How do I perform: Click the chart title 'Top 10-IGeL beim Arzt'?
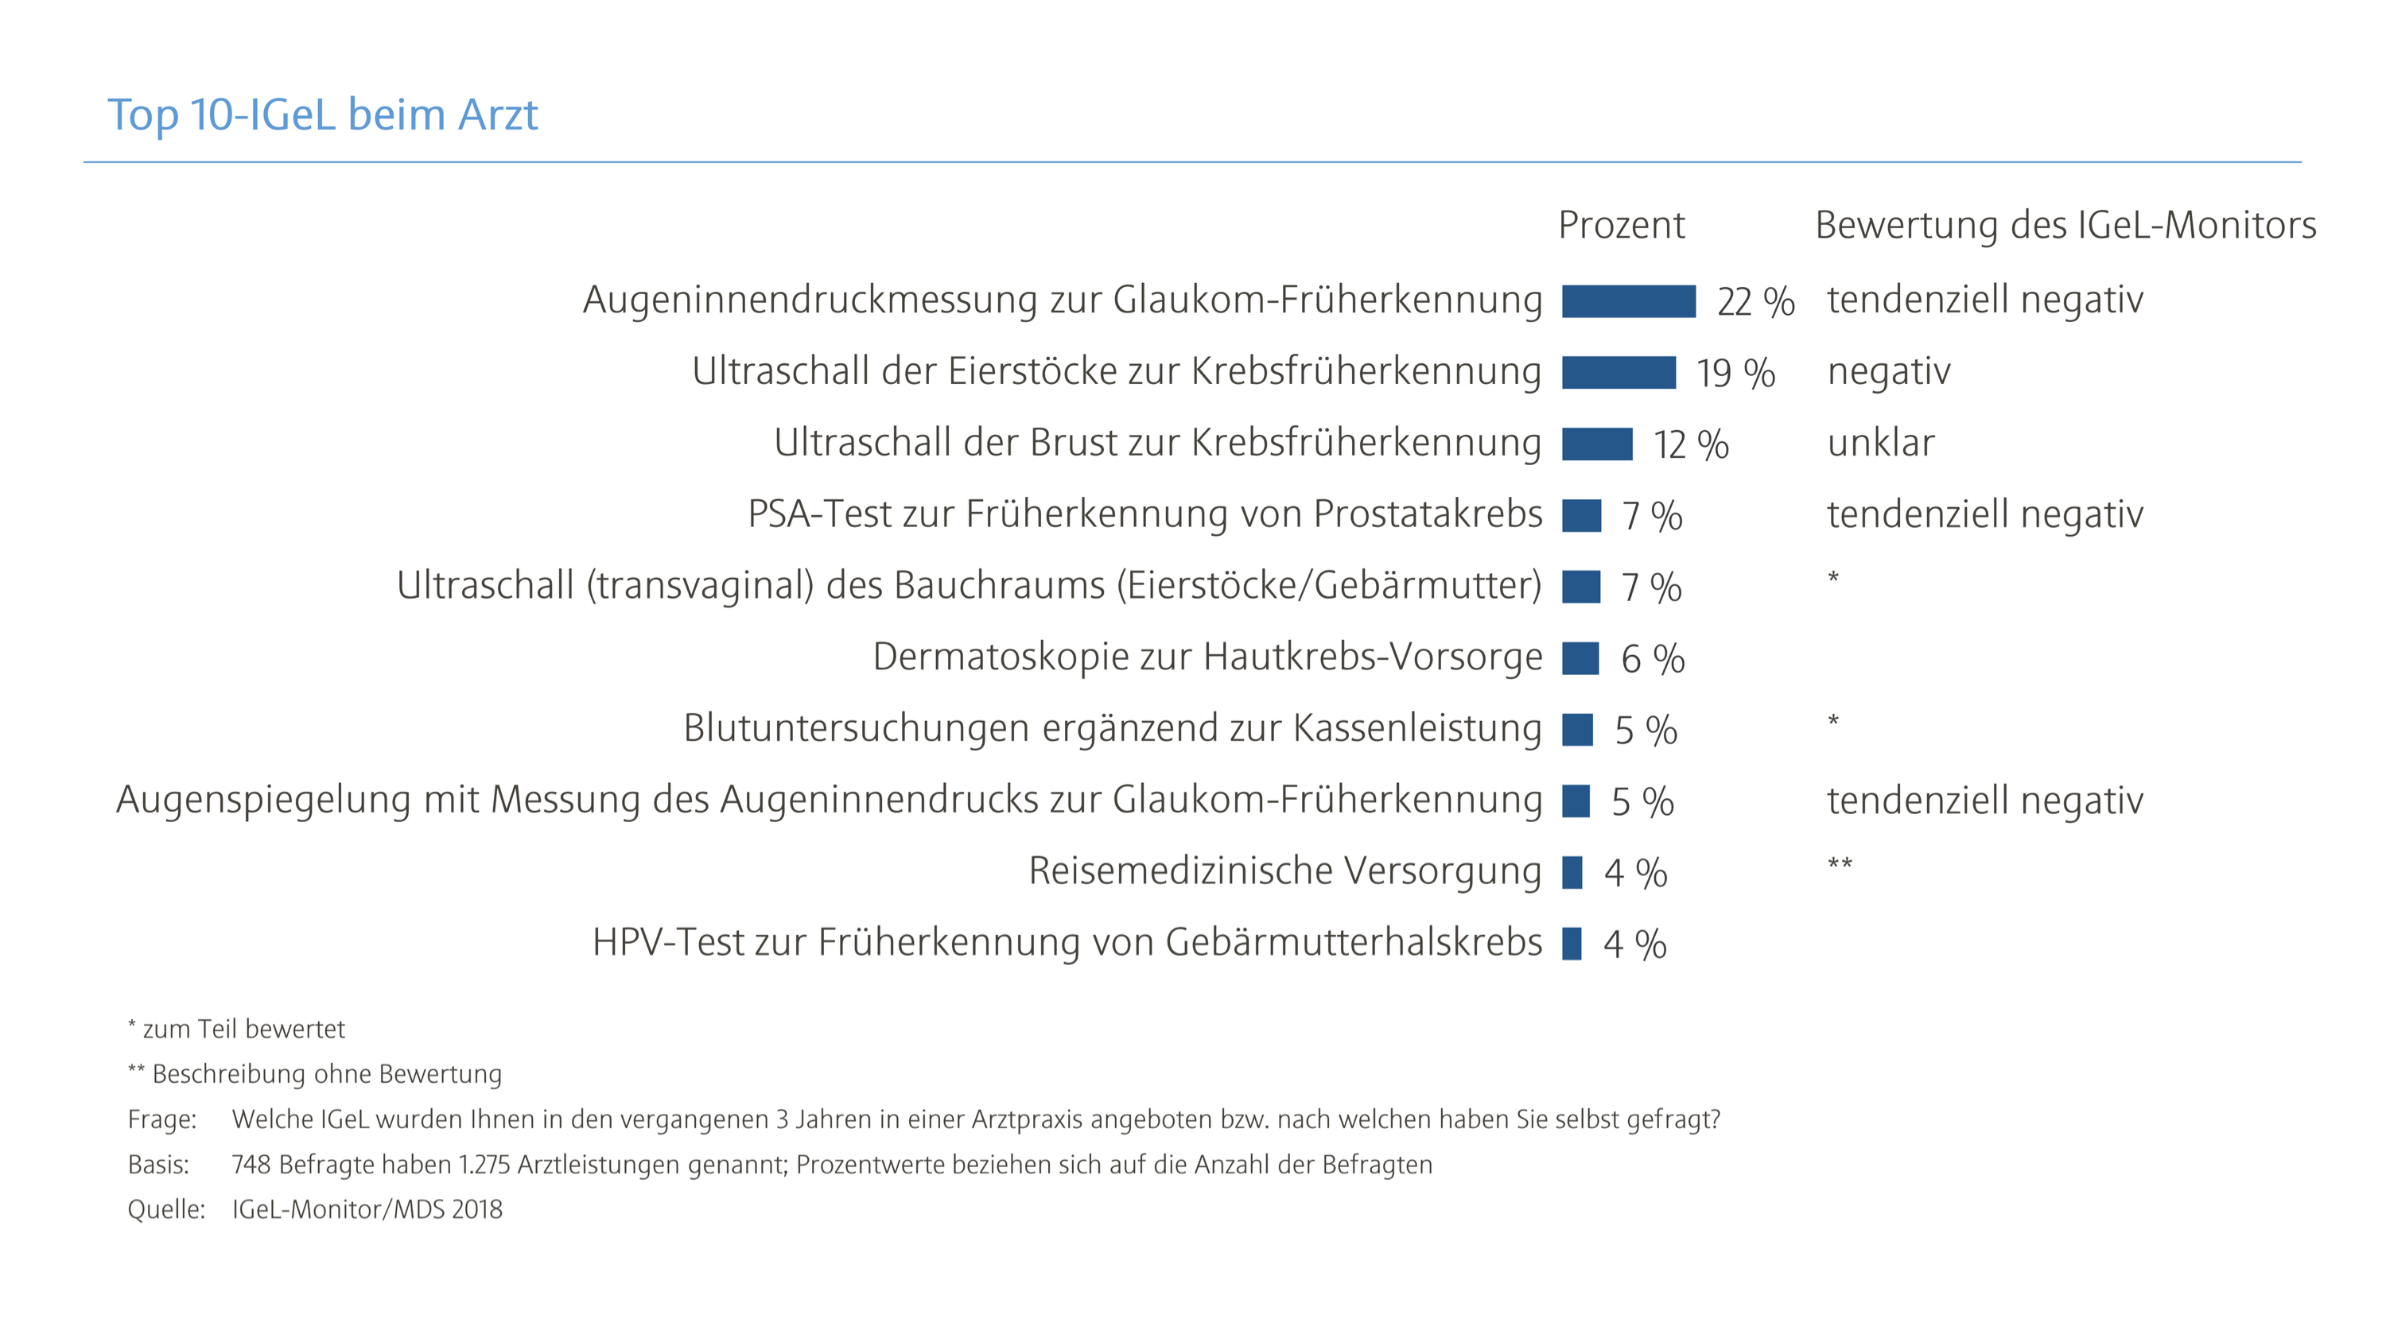coord(322,114)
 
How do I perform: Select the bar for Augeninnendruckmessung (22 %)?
coord(1627,301)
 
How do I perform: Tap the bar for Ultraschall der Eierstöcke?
coord(1619,372)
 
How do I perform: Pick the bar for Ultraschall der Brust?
coord(1597,444)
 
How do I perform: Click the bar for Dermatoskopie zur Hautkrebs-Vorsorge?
coord(1580,658)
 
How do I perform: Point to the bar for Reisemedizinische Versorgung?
coord(1572,872)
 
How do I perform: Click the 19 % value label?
coord(1735,373)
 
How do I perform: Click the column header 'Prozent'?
coord(1621,225)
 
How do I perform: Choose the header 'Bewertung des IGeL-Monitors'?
coord(2065,225)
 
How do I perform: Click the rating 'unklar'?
coord(1880,444)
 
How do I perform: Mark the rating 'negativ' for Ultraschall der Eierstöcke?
coord(1889,372)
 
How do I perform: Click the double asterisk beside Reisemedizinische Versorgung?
coord(1840,864)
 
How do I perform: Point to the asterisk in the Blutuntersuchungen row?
coord(1832,720)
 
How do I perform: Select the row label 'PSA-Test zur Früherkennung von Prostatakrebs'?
coord(1144,514)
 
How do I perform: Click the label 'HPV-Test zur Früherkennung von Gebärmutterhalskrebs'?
coord(1067,943)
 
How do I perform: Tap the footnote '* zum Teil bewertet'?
coord(236,1029)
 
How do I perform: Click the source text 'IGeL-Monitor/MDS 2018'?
coord(367,1209)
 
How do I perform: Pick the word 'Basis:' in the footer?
coord(158,1165)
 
